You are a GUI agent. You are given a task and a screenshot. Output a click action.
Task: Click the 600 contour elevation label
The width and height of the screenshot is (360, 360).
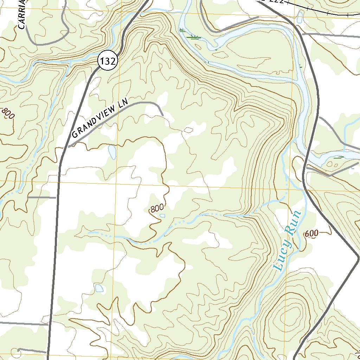pos(311,233)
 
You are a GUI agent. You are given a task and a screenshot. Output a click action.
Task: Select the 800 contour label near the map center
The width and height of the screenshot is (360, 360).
pos(157,208)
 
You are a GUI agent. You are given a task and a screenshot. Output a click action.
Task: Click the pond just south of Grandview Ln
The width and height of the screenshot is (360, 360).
pos(112,152)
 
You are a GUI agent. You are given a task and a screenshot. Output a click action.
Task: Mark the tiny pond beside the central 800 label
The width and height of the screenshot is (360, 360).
pos(162,216)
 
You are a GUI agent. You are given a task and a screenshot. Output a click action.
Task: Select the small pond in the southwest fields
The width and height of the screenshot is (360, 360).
pos(99,288)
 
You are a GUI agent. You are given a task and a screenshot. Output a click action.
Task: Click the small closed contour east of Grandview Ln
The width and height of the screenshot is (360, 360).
pos(188,130)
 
